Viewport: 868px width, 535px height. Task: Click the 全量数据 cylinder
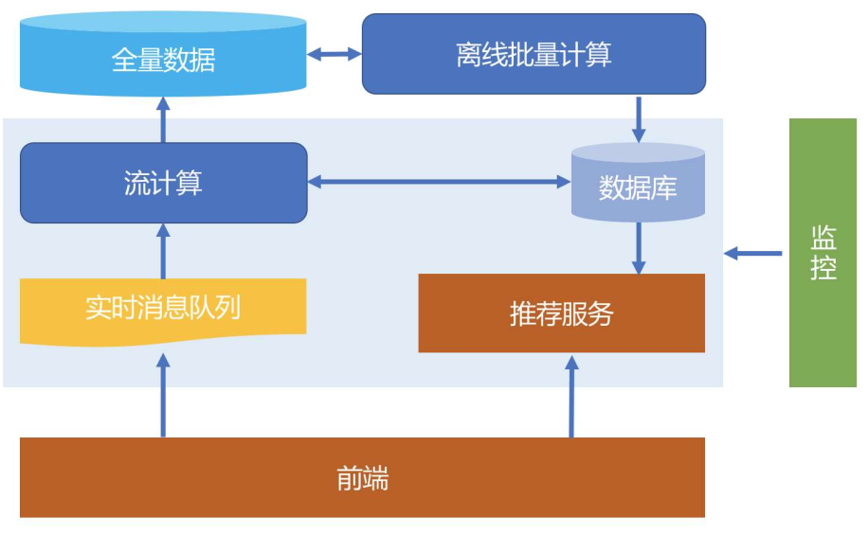click(163, 55)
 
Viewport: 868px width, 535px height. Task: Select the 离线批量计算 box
click(533, 54)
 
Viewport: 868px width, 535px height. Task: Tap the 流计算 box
click(163, 183)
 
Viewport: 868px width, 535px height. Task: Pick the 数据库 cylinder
click(638, 183)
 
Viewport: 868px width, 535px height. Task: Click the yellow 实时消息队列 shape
click(163, 312)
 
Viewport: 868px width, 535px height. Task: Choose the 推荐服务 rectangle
click(561, 313)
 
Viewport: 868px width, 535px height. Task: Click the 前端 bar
click(362, 477)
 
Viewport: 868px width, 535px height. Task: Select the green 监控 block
click(823, 252)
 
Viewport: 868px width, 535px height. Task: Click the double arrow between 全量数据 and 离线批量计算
click(335, 54)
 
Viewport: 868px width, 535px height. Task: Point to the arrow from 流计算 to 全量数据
click(163, 120)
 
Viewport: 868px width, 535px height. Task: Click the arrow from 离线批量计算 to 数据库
click(639, 119)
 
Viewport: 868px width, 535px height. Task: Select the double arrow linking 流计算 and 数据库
click(439, 182)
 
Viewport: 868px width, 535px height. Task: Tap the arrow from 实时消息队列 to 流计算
click(163, 251)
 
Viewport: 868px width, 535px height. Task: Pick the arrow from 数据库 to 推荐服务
click(639, 248)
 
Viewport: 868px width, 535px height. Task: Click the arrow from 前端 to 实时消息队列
click(163, 396)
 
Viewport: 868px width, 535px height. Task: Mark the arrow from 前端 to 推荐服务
click(571, 396)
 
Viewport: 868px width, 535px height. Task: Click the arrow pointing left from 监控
click(752, 254)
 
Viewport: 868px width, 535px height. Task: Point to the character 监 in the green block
click(823, 239)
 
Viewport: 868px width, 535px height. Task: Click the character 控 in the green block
click(823, 267)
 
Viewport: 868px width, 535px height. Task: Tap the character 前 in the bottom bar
click(350, 478)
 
